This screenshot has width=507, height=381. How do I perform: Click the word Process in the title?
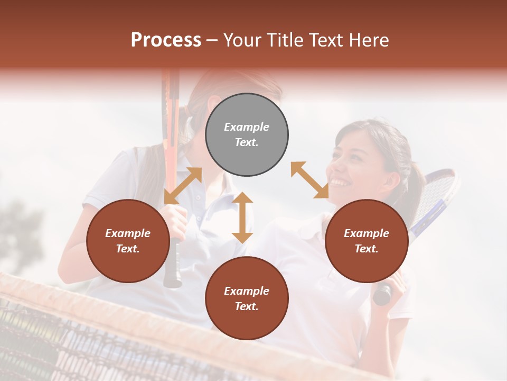tap(166, 40)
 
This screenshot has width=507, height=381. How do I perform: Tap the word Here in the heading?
tap(369, 40)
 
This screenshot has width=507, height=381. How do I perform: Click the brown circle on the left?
tap(128, 241)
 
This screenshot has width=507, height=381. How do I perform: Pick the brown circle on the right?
tap(367, 241)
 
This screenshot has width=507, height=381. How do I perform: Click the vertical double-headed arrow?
tap(242, 217)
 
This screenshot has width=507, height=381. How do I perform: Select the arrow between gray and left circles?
tap(183, 186)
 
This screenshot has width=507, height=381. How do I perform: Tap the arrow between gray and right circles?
tap(310, 180)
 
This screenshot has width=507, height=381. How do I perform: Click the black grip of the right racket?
tap(382, 294)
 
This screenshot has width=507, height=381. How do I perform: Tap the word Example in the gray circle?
tap(247, 127)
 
